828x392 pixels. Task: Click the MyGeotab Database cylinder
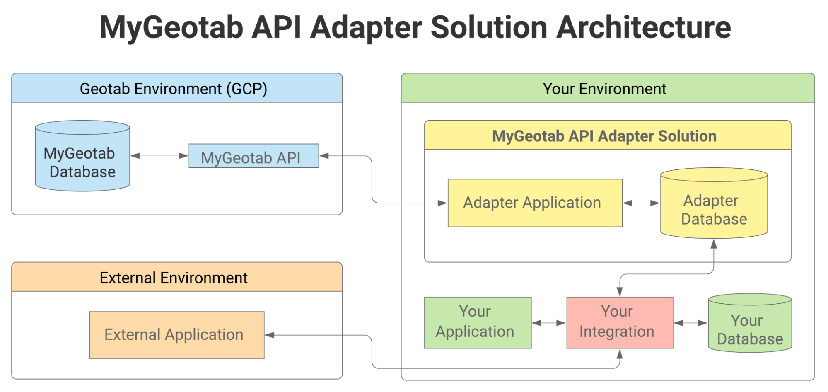click(x=82, y=162)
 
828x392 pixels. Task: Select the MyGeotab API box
click(x=253, y=156)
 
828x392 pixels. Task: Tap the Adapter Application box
click(x=535, y=203)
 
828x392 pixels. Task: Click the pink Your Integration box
click(x=620, y=322)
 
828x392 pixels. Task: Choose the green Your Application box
click(x=478, y=322)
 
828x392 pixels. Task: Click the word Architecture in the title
click(x=643, y=27)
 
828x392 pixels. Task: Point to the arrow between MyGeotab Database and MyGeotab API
click(x=159, y=156)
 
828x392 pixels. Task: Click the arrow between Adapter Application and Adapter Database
click(x=641, y=203)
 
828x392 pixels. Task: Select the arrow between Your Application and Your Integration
click(x=549, y=323)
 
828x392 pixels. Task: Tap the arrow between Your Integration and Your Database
click(x=690, y=323)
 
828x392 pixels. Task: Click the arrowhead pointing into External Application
click(x=270, y=335)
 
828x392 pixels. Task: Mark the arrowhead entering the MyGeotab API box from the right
click(x=324, y=156)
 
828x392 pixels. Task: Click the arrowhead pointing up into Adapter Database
click(x=714, y=244)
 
